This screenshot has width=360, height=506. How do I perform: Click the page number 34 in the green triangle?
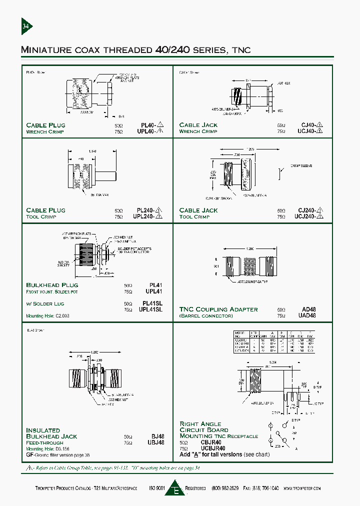(25, 26)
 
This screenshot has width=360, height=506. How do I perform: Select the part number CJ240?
(306, 210)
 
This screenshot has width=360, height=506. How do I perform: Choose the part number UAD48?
(306, 315)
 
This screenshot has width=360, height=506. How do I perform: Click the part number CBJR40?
(198, 442)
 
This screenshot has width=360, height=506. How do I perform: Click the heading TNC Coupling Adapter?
(218, 309)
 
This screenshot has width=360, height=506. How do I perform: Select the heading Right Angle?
(200, 423)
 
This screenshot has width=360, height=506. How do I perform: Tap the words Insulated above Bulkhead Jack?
(43, 430)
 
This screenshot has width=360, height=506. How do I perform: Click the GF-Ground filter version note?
(58, 455)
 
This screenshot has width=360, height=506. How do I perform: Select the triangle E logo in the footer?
(174, 488)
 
